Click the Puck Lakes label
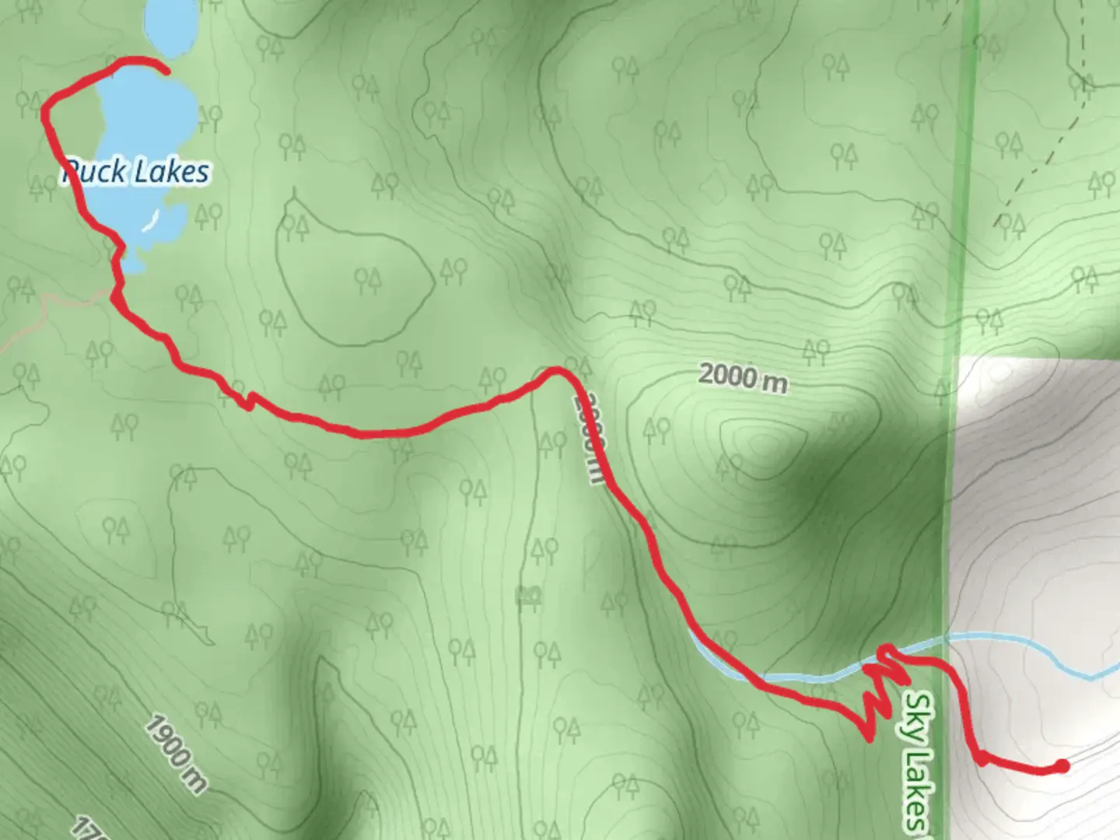137,172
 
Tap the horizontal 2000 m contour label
742,377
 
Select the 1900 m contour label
176,754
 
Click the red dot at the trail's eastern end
1062,767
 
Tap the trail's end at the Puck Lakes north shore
166,72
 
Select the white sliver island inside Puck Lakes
151,221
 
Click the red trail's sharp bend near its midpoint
557,371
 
